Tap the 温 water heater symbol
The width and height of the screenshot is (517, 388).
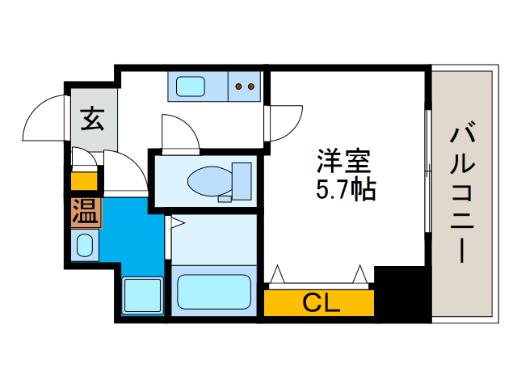point(85,213)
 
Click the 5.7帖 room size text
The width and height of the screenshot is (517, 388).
point(343,191)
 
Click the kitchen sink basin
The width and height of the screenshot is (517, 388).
point(191,85)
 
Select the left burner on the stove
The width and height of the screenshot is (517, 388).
point(238,86)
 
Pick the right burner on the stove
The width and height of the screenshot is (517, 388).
point(251,86)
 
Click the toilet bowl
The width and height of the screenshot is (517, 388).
point(206,181)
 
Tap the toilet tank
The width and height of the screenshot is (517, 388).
point(241,181)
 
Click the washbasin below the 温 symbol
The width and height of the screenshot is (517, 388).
point(84,245)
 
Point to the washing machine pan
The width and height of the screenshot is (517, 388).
point(141,295)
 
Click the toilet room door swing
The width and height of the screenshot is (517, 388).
point(179,133)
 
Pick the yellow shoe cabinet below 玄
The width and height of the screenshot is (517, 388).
point(84,180)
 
